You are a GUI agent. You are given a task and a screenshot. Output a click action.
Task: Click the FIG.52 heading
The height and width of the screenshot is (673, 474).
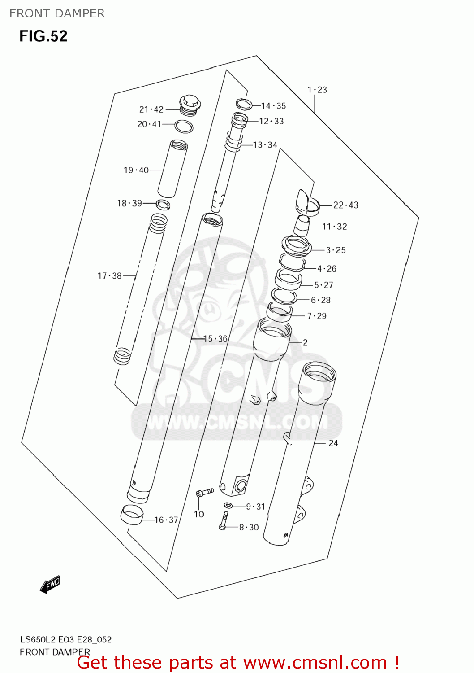click(x=43, y=36)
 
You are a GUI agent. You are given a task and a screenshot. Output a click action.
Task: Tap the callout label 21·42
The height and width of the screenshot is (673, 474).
click(x=151, y=109)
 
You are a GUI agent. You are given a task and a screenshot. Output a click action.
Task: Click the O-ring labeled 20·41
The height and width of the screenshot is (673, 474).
click(x=184, y=127)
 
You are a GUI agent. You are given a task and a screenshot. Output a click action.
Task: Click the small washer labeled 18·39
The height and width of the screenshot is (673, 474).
click(x=163, y=205)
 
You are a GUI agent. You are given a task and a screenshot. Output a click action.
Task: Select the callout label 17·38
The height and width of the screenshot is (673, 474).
click(x=109, y=276)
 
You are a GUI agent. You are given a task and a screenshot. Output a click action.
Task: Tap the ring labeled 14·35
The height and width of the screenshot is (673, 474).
click(x=244, y=105)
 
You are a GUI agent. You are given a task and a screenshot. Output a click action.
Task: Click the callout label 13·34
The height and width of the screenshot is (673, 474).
click(x=265, y=145)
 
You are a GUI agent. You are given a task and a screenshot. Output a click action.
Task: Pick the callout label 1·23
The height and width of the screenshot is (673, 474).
click(x=317, y=90)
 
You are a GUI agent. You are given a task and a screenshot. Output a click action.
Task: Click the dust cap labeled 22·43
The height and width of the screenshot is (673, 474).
click(x=307, y=201)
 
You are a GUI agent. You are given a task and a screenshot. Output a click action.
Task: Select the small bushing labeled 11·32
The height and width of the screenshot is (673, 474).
click(x=302, y=225)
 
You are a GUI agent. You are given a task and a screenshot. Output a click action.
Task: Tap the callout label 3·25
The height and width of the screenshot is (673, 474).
click(x=336, y=250)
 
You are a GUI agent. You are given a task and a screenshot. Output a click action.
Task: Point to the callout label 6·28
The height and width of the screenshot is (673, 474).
click(x=321, y=300)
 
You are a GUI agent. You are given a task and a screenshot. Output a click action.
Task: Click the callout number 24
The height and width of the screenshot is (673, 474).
click(x=333, y=443)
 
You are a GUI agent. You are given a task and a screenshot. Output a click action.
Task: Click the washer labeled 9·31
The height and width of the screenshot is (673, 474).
click(x=228, y=506)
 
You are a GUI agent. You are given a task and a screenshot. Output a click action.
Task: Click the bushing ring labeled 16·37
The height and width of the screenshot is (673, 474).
click(x=131, y=515)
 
